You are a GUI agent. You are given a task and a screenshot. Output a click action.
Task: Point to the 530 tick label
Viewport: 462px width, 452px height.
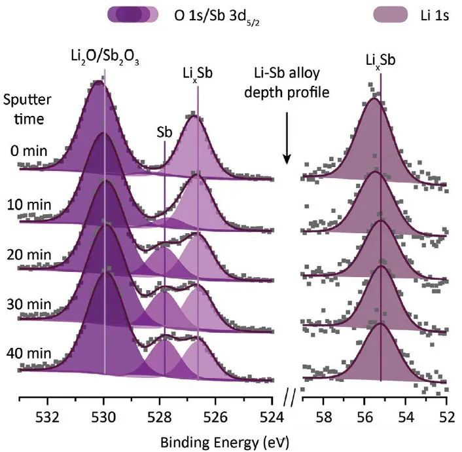(104, 417)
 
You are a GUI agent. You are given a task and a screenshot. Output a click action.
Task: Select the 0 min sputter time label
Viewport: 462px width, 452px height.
(29, 151)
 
